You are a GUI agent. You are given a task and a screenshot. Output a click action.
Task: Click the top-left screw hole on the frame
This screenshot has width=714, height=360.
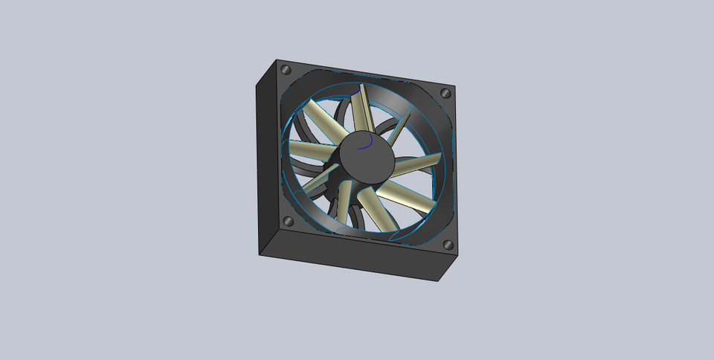click(x=286, y=69)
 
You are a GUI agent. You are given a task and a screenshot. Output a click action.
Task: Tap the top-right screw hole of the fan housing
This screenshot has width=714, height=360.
click(x=446, y=94)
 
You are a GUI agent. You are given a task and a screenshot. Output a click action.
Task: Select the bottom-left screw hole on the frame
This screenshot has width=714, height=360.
click(x=286, y=222)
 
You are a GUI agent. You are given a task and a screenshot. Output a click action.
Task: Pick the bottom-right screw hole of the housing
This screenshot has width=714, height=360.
click(x=448, y=245)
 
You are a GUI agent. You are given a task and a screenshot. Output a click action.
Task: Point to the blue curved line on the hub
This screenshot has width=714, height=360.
click(x=366, y=143)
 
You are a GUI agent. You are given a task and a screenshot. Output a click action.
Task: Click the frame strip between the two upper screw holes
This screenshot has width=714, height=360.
click(x=364, y=77)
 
